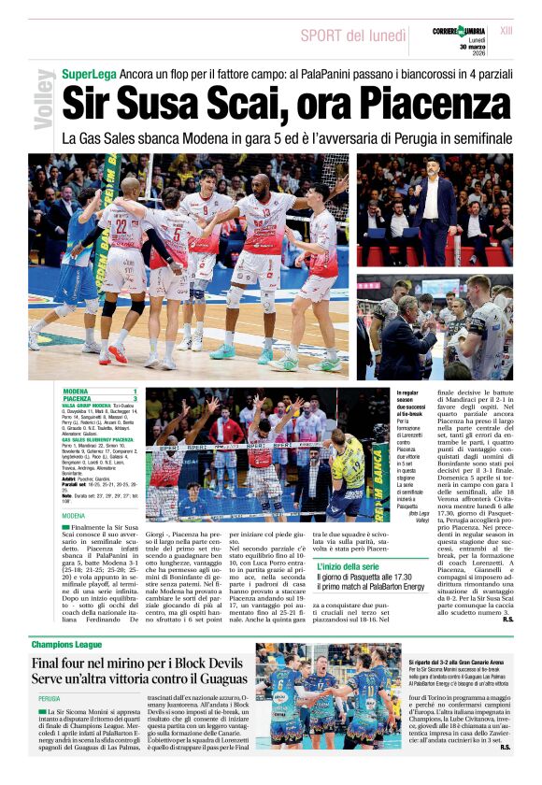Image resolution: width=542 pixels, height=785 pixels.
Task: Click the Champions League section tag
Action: point(68,645)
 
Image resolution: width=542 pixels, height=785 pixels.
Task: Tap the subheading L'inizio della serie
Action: point(347,567)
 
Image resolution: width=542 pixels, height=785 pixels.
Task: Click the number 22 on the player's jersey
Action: point(120,226)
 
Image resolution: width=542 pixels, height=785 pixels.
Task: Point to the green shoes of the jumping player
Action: point(224,352)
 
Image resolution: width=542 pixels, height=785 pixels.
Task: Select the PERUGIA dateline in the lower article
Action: point(50,698)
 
